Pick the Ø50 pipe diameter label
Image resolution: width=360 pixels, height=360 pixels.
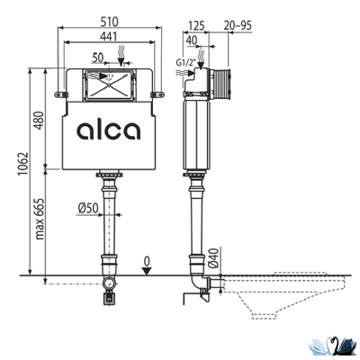(x=88, y=208)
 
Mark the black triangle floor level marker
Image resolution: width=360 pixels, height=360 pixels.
(x=148, y=272)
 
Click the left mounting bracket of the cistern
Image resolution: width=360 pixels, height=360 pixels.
(x=61, y=93)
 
